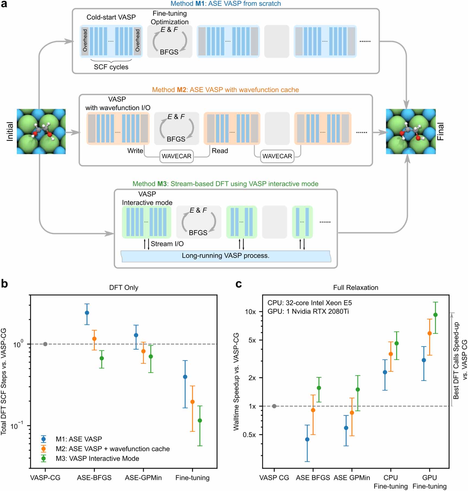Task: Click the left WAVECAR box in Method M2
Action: (176, 156)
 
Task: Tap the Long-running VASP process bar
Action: (225, 256)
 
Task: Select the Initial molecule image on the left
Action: (41, 131)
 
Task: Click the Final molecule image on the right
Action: (411, 131)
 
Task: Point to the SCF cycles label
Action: (111, 67)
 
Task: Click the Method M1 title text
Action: (225, 4)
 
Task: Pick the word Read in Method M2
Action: (220, 151)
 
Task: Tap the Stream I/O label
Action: (167, 244)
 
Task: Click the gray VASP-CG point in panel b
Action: (45, 344)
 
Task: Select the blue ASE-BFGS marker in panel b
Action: (87, 313)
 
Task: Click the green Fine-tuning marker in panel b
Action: (200, 421)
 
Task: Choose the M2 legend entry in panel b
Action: (113, 449)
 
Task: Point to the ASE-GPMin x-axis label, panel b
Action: (143, 478)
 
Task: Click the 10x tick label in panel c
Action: (250, 312)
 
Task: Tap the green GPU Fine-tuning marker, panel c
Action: (435, 315)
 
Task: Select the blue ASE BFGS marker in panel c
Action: (307, 439)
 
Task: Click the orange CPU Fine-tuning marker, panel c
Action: (391, 354)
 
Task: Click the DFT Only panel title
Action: (124, 287)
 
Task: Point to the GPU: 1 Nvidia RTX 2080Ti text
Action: (308, 311)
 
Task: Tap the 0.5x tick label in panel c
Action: (249, 435)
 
